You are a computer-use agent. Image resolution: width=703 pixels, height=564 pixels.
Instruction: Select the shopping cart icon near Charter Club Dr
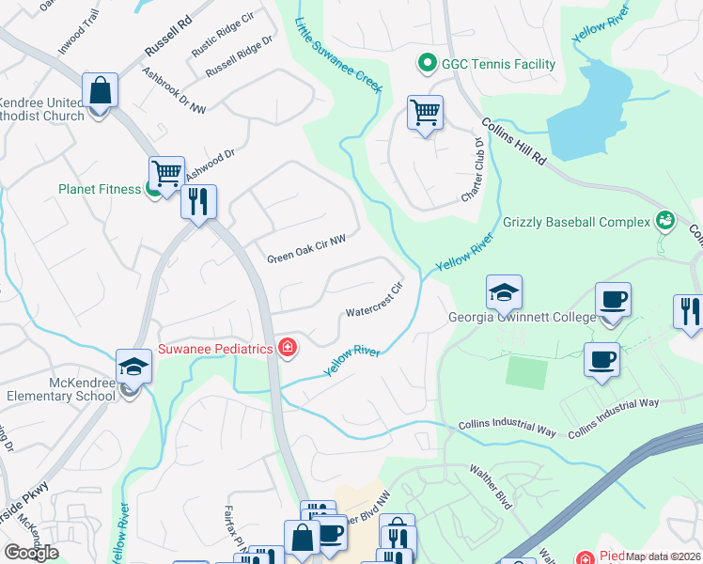(426, 113)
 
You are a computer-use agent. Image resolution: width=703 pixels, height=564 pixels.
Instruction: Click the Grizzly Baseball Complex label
(577, 222)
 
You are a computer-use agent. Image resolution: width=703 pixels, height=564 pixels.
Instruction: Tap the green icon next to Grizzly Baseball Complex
(665, 220)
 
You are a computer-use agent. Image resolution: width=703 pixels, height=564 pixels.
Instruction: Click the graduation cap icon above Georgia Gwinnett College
(504, 292)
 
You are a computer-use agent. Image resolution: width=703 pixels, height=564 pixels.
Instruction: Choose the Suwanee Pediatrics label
(216, 350)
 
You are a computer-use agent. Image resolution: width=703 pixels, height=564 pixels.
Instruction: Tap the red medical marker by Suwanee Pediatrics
(288, 350)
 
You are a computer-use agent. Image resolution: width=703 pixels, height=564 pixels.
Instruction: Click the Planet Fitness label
(99, 188)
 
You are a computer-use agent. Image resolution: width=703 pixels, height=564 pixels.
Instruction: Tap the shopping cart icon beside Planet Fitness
(166, 173)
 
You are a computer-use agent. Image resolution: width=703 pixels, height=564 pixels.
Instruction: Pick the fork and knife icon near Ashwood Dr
(198, 201)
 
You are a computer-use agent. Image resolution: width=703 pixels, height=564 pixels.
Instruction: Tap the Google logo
(31, 553)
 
